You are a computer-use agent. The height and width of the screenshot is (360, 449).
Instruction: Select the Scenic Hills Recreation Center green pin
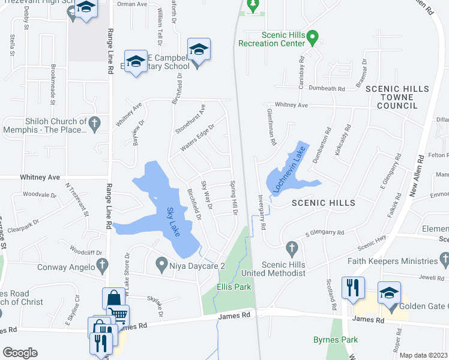pyautogui.click(x=312, y=39)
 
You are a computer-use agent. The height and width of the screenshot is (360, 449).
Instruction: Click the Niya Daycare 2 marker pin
pyautogui.click(x=161, y=263)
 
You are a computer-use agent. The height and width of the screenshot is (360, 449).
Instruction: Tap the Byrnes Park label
pyautogui.click(x=335, y=340)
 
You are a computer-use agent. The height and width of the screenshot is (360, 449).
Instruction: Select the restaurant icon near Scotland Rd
pyautogui.click(x=353, y=287)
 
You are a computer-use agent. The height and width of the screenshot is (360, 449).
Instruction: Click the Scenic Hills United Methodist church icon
pyautogui.click(x=292, y=248)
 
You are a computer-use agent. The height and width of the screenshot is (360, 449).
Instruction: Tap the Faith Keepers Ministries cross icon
pyautogui.click(x=444, y=260)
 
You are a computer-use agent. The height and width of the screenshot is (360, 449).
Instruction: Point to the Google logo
pyautogui.click(x=20, y=352)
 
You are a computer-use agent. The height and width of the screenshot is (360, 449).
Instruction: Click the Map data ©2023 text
pyautogui.click(x=423, y=355)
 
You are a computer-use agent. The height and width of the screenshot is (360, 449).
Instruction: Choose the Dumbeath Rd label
pyautogui.click(x=327, y=89)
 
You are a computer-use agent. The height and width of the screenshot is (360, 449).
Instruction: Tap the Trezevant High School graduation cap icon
pyautogui.click(x=86, y=8)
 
